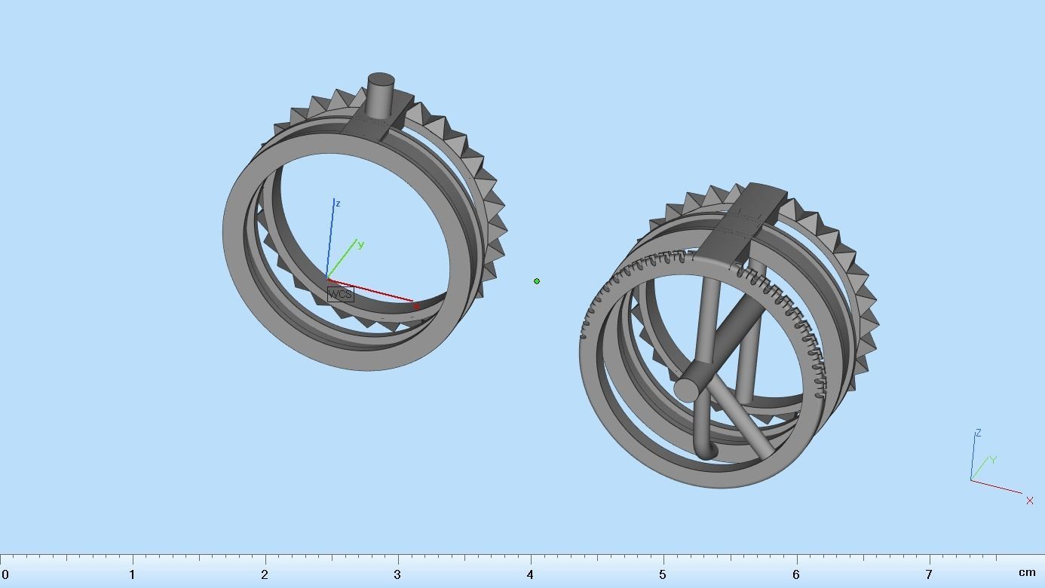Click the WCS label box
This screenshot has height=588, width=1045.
point(340,295)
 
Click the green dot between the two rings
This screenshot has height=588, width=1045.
point(537,281)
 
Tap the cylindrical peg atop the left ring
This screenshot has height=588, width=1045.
point(380,94)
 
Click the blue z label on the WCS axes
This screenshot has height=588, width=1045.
point(338,204)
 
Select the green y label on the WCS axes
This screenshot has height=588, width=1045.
point(361,244)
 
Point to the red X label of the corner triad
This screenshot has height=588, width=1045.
point(1030,501)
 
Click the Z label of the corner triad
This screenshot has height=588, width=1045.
point(978,433)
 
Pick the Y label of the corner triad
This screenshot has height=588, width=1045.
point(994,460)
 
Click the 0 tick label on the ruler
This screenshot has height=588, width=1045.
point(5,574)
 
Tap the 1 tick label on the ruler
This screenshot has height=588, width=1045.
point(133,574)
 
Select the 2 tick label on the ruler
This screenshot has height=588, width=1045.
point(265,574)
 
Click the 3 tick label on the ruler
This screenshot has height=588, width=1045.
point(397,574)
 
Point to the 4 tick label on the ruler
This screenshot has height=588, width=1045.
point(530,574)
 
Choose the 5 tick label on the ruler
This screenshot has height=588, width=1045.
point(663,574)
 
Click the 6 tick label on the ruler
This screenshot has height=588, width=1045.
point(795,574)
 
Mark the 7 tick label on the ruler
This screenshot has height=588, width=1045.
point(928,574)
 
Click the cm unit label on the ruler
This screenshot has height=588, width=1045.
point(1027,573)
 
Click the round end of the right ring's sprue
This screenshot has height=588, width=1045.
point(688,389)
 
